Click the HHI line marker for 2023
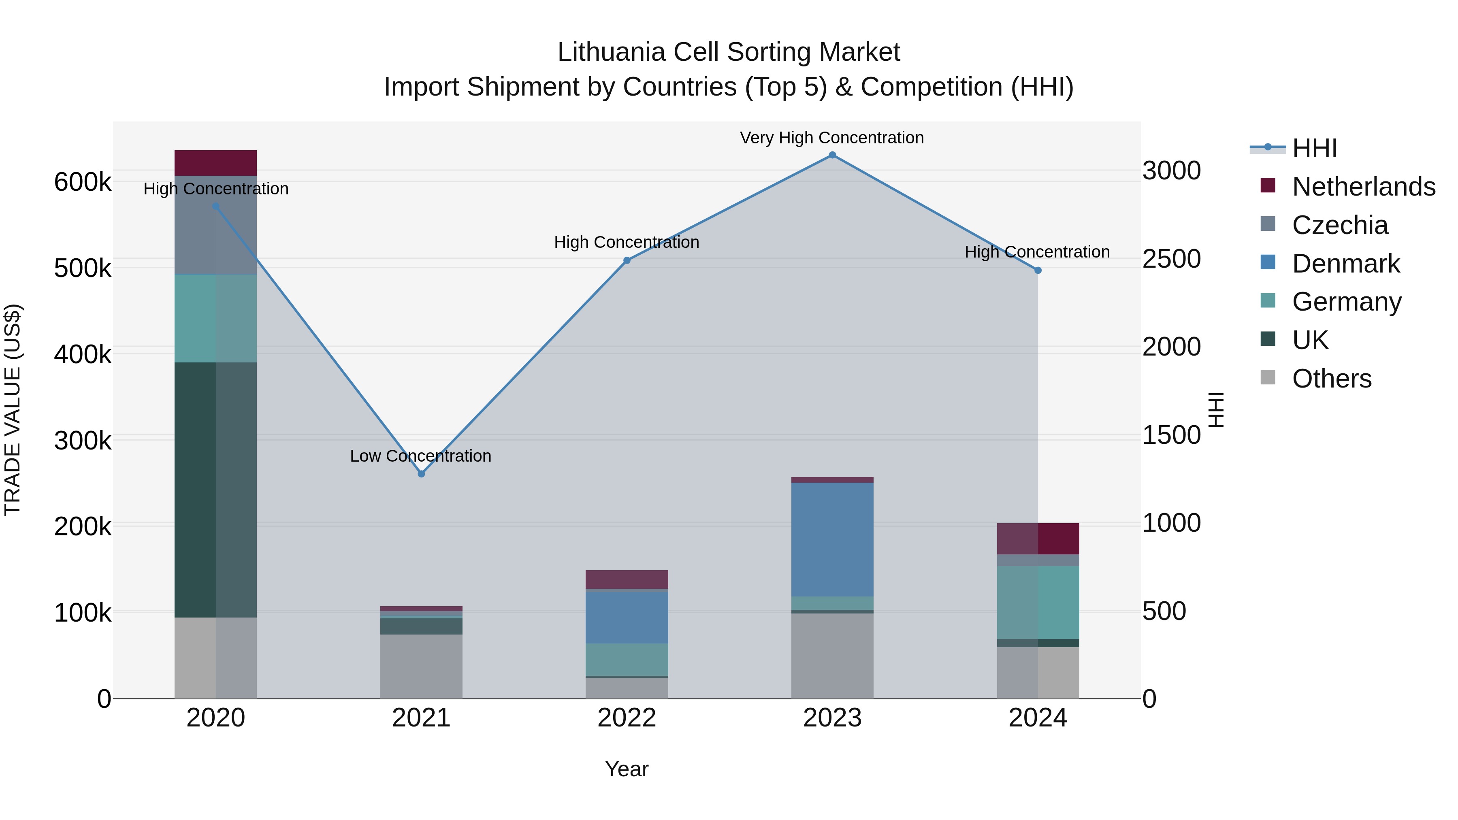click(x=832, y=155)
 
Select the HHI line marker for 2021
click(x=421, y=474)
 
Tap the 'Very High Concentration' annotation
click(x=831, y=138)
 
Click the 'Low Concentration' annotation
click(x=420, y=456)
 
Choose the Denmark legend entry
click(x=1345, y=264)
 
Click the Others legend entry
click(x=1331, y=379)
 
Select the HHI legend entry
click(x=1314, y=148)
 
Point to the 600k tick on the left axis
click(x=83, y=182)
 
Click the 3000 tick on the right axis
click(x=1171, y=170)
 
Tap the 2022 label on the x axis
click(x=627, y=718)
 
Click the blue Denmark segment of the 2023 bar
click(x=832, y=539)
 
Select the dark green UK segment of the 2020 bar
click(x=215, y=490)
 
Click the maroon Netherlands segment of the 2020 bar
click(x=215, y=163)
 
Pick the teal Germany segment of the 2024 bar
click(x=1038, y=602)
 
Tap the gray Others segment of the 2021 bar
click(x=421, y=666)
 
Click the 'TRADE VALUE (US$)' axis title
click(x=13, y=410)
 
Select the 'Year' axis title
click(x=627, y=769)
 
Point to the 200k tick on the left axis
click(x=83, y=527)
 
